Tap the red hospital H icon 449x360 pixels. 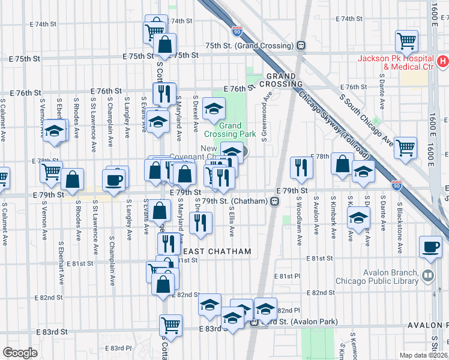[442, 61]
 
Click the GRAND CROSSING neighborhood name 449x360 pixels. [281, 80]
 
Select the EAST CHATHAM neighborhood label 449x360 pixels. [217, 251]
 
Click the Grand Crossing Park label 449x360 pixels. [229, 130]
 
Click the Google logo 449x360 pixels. [20, 352]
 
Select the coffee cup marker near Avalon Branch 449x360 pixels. [432, 247]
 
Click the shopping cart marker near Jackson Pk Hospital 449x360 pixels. [406, 40]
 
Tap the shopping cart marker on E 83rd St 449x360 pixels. [171, 325]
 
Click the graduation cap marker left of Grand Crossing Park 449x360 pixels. [213, 109]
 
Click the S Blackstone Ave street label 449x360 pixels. [399, 221]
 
